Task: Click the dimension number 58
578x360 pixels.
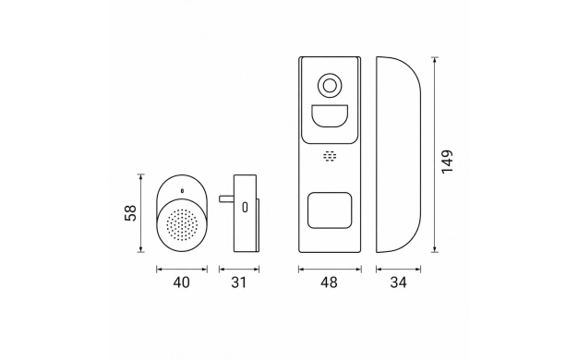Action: coord(130,213)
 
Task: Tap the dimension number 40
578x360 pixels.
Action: coord(181,282)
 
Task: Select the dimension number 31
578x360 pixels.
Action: coord(238,282)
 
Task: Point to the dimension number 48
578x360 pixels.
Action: coord(329,282)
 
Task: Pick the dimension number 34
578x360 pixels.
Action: coord(399,282)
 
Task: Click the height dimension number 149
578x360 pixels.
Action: coord(447,162)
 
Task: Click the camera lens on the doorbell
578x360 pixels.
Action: coord(330,86)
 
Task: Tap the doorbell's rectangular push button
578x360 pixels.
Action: coord(330,210)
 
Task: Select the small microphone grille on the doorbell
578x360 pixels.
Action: coord(330,156)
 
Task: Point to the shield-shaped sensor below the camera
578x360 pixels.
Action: coord(330,116)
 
